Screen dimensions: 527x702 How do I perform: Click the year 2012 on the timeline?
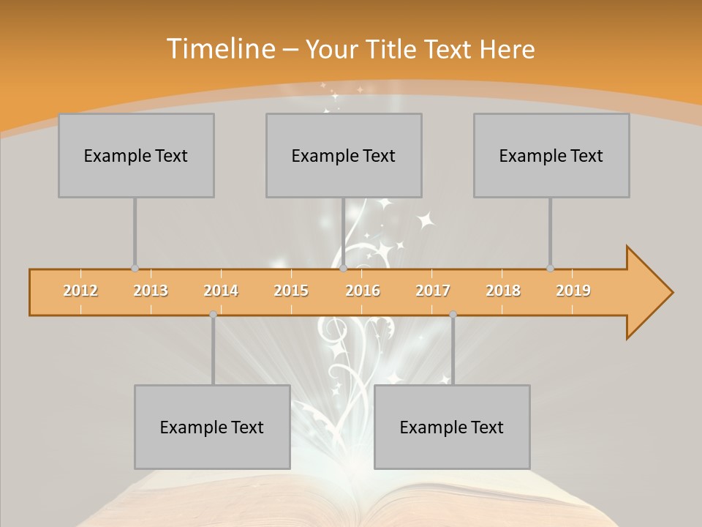80,291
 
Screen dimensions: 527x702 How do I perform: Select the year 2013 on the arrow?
151,291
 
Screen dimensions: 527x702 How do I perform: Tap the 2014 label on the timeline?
221,291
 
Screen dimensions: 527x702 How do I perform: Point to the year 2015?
291,291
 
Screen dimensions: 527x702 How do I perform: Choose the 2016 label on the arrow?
363,291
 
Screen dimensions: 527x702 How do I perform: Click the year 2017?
433,291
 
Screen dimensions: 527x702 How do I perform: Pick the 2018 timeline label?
503,291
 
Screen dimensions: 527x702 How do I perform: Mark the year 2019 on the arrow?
573,291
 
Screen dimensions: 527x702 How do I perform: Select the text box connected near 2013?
136,155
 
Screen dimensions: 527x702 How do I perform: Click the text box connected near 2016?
344,155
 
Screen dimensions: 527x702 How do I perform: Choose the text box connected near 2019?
551,155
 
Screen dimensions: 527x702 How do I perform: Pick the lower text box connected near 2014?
212,427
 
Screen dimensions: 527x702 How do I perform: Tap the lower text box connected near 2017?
452,427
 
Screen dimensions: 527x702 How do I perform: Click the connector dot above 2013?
135,269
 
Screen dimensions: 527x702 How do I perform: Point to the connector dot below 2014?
213,314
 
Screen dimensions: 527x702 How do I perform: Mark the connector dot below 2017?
453,314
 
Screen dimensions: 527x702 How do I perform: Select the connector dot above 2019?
550,269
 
